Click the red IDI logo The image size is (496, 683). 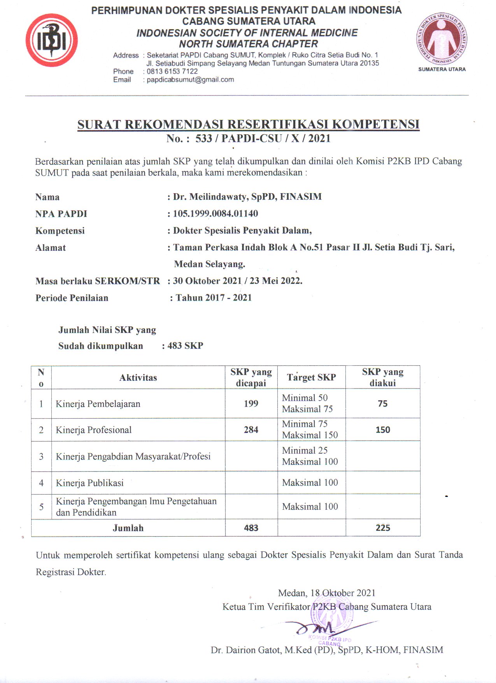[x=52, y=40]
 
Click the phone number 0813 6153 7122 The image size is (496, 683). [x=172, y=71]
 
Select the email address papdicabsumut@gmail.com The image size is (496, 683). [x=190, y=79]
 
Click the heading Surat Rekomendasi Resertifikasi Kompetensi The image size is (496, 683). [x=248, y=124]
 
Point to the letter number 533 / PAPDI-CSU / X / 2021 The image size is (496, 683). [x=263, y=138]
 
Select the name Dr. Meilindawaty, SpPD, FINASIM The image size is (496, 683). [x=247, y=197]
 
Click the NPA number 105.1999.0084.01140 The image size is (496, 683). [x=216, y=213]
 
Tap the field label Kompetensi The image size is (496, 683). [x=60, y=231]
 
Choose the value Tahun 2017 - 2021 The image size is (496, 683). [x=214, y=297]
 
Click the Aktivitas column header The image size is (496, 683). [x=138, y=377]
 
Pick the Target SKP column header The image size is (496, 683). [x=311, y=377]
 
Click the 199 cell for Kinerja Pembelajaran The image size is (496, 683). [x=251, y=403]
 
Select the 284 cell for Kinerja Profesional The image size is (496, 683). [x=251, y=430]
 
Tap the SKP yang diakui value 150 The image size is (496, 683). [x=383, y=430]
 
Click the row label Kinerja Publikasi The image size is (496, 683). [x=89, y=483]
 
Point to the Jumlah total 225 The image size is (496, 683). [x=383, y=528]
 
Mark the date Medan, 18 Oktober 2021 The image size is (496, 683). [x=327, y=593]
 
